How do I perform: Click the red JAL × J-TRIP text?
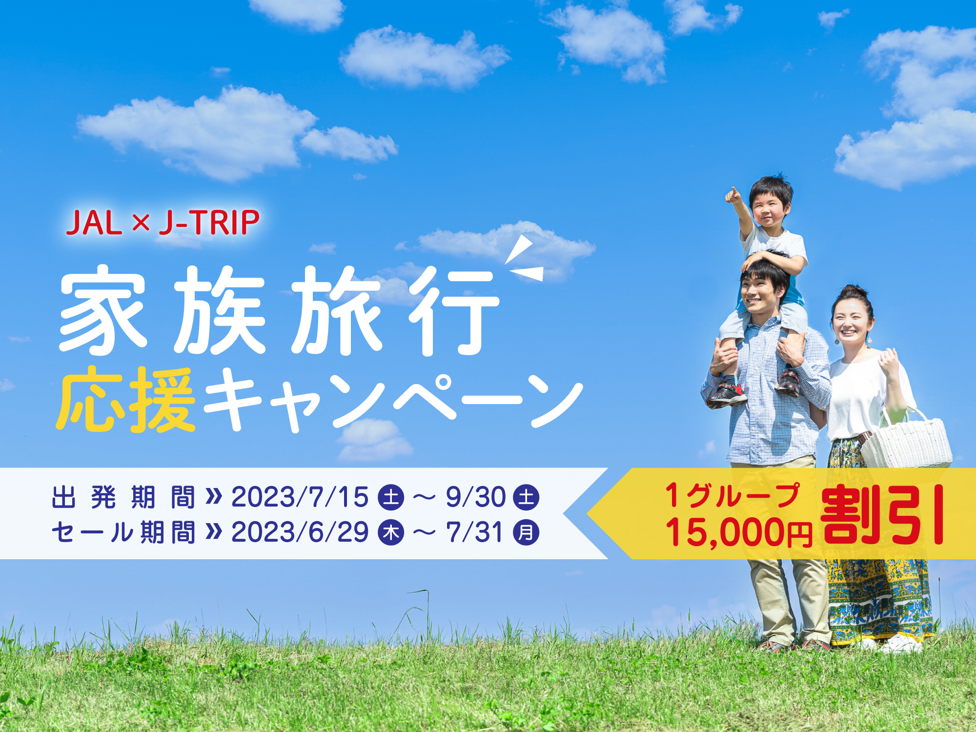pos(163,223)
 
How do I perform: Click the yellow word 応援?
pos(126,400)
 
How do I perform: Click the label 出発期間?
pos(123,497)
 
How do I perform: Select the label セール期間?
pos(123,532)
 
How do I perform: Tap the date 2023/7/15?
pos(300,497)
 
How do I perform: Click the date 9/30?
pos(476,497)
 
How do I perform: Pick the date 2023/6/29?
pos(300,532)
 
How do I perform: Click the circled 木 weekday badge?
pos(391,532)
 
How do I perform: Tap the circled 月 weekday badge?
pos(526,532)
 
